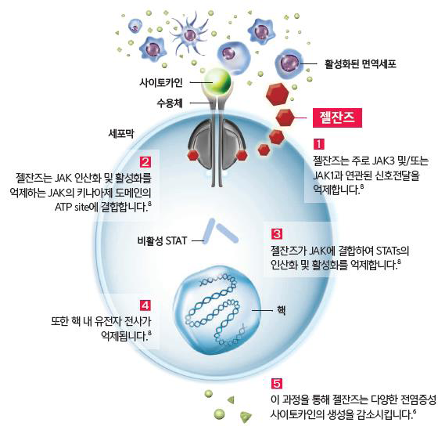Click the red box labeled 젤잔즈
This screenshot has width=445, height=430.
pyautogui.click(x=337, y=117)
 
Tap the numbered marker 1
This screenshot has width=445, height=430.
pyautogui.click(x=319, y=144)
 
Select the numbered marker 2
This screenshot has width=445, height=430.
pyautogui.click(x=145, y=162)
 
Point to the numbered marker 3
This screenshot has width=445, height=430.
pyautogui.click(x=277, y=234)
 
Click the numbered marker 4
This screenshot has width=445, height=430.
pyautogui.click(x=145, y=305)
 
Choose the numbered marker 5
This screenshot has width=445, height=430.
pyautogui.click(x=277, y=384)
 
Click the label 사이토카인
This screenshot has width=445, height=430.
pyautogui.click(x=161, y=83)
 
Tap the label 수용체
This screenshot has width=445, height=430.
pyautogui.click(x=170, y=103)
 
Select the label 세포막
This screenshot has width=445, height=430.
pyautogui.click(x=121, y=133)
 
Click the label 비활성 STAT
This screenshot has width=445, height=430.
pyautogui.click(x=162, y=241)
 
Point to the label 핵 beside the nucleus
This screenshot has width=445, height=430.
pyautogui.click(x=281, y=310)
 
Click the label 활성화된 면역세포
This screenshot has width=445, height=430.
pyautogui.click(x=361, y=64)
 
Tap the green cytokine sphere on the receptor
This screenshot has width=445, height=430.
pyautogui.click(x=217, y=81)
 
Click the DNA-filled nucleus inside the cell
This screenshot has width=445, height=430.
pyautogui.click(x=217, y=310)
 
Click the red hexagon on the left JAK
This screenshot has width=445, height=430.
pyautogui.click(x=193, y=155)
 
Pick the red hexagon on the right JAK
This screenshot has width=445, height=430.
pyautogui.click(x=242, y=155)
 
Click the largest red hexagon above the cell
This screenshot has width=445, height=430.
pyautogui.click(x=278, y=95)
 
